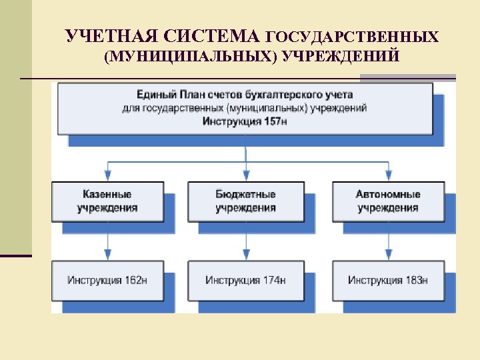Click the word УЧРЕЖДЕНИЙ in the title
pos(341,56)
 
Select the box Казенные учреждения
pos(107,201)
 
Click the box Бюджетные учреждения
pos(245,201)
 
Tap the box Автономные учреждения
pos(387,201)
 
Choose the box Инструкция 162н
pos(107,280)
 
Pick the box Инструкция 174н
pos(245,280)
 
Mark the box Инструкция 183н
pos(387,280)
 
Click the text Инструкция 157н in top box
pos(245,121)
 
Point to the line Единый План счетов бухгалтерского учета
pos(245,95)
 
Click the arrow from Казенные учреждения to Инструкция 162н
pos(108,240)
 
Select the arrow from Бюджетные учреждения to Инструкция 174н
pos(246,240)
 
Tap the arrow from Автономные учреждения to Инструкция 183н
pos(388,240)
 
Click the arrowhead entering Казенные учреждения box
pos(108,175)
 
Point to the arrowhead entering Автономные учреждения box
pos(388,175)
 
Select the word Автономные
pos(387,195)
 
